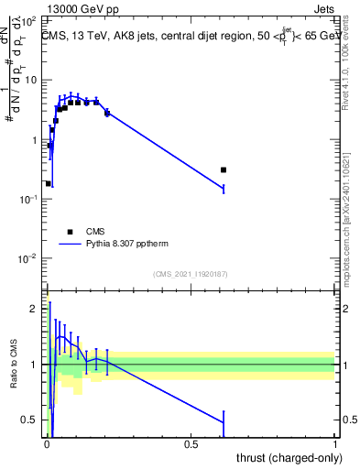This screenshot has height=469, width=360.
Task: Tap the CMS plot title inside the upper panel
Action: [x=189, y=36]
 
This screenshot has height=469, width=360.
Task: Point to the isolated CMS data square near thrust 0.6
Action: [x=224, y=169]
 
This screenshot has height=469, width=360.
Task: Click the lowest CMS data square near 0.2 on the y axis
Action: [x=48, y=183]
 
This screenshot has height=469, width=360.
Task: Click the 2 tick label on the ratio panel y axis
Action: [x=36, y=309]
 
